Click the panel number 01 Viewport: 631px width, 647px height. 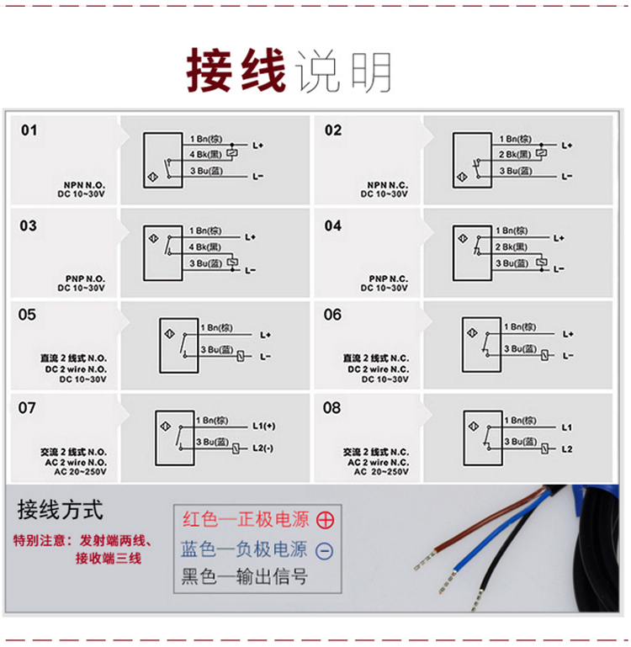pos(29,130)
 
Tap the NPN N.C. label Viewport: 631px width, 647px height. pos(388,185)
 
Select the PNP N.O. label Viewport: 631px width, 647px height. pos(85,279)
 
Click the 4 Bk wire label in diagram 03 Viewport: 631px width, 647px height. pos(205,247)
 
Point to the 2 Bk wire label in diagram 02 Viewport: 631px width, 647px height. pos(515,154)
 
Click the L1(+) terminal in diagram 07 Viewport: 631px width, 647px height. pos(263,426)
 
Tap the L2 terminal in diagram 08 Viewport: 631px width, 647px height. pos(567,449)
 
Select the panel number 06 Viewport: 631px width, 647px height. pos(332,315)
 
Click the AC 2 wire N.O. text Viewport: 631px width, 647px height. pos(76,462)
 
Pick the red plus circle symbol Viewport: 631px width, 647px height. pos(326,520)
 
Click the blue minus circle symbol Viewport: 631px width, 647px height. pos(325,551)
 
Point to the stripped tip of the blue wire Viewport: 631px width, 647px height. pos(448,582)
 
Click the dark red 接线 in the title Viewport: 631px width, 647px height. pos(236,70)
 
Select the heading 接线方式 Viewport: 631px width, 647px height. pos(60,510)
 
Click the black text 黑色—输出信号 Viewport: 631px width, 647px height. pos(245,576)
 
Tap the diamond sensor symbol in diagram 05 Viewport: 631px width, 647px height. pos(170,334)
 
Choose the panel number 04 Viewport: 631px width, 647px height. pos(333,225)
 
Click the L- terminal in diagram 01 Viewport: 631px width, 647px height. pos(258,177)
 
